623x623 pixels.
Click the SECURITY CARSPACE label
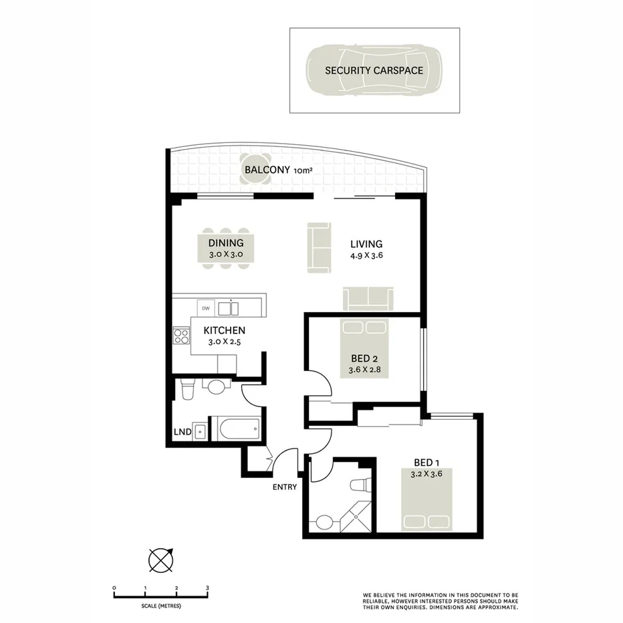[374, 70]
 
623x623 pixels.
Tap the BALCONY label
[267, 170]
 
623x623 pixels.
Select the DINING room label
[225, 243]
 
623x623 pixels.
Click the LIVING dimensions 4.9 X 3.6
[366, 255]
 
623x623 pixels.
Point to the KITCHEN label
[224, 330]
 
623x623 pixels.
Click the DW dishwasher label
[206, 308]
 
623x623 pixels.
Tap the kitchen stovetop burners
[181, 336]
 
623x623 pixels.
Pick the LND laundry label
[182, 432]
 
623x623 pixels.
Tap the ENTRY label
[284, 487]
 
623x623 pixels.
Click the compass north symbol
[160, 559]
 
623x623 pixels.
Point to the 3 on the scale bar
[207, 588]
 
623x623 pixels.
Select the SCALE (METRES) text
[160, 606]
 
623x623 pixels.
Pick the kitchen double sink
[229, 308]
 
